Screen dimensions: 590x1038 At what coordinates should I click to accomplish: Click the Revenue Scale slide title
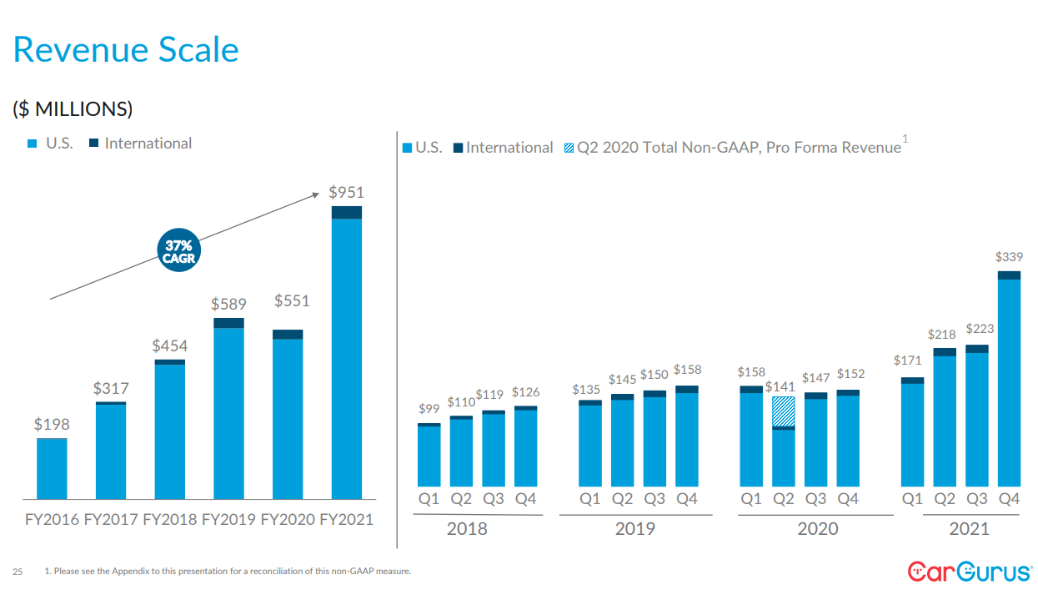click(126, 50)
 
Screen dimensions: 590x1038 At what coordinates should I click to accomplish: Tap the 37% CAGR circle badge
click(178, 251)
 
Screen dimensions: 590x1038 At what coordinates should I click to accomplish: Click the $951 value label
click(346, 193)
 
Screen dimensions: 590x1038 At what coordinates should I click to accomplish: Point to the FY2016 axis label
click(52, 519)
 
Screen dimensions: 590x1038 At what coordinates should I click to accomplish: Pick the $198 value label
click(52, 424)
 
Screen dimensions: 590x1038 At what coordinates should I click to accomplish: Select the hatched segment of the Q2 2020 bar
click(783, 411)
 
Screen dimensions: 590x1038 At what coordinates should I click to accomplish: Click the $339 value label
click(1009, 258)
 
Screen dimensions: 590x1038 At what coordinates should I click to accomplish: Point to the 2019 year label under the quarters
click(635, 529)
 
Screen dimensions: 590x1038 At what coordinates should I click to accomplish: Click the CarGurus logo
click(969, 572)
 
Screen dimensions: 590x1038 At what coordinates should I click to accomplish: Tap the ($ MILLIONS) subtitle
click(73, 109)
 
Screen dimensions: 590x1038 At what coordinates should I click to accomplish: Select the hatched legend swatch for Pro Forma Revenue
click(569, 149)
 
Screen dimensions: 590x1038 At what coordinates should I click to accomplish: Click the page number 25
click(18, 572)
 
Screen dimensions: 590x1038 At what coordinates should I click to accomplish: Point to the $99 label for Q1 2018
click(429, 409)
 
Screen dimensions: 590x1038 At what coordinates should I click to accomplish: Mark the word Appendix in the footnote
click(142, 572)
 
